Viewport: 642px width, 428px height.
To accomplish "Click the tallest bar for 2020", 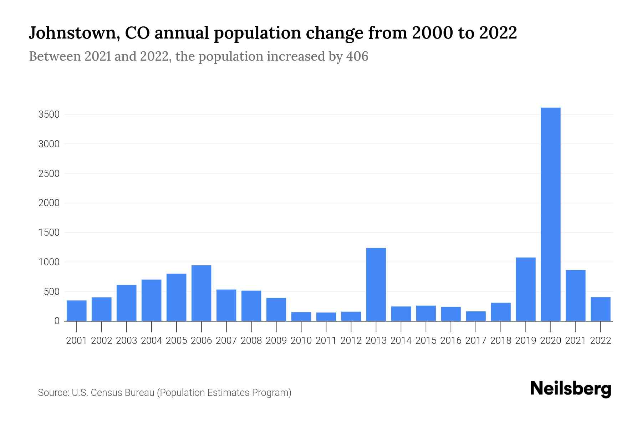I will [x=550, y=214].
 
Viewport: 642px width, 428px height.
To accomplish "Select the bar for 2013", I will [x=376, y=284].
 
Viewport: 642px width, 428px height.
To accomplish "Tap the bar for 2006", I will [x=201, y=293].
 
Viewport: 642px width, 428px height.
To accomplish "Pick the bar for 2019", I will [x=525, y=289].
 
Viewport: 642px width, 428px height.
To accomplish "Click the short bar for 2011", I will [x=326, y=317].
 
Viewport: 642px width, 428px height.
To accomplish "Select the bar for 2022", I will [x=600, y=309].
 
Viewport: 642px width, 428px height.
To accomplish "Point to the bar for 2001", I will [x=77, y=311].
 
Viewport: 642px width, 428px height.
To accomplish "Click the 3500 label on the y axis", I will [x=49, y=114].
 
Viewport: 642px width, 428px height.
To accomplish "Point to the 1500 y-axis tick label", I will [x=49, y=233].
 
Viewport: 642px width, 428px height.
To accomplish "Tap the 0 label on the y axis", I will [x=57, y=321].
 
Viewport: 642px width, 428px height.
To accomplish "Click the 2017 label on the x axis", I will [x=475, y=341].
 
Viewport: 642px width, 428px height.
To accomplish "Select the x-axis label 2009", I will [x=276, y=341].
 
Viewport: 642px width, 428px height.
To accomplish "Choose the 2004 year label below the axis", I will [x=151, y=341].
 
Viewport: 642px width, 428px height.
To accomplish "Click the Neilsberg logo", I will [x=570, y=389].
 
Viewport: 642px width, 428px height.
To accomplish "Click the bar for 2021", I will [x=575, y=295].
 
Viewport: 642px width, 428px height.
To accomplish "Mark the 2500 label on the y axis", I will [x=49, y=174].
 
